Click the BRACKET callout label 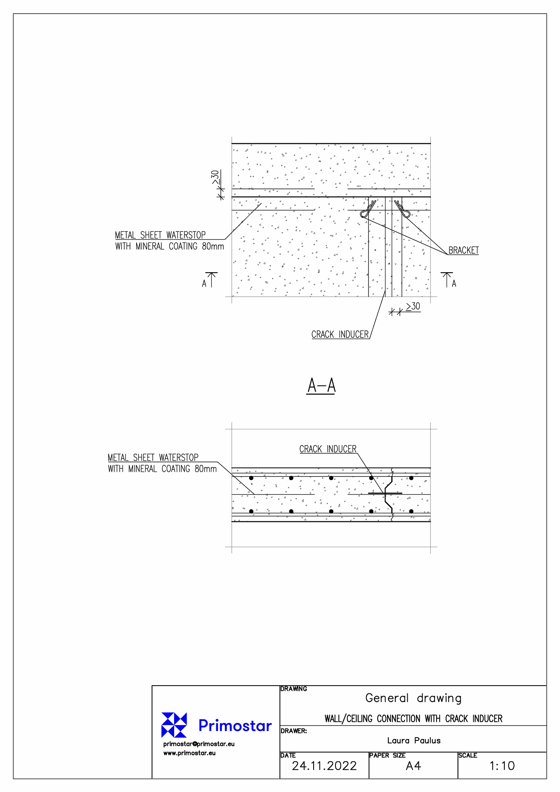pyautogui.click(x=463, y=250)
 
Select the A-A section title pyautogui.click(x=321, y=386)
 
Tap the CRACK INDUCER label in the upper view pyautogui.click(x=340, y=335)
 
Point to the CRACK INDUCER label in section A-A pyautogui.click(x=328, y=449)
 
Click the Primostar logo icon pyautogui.click(x=174, y=725)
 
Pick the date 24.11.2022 pyautogui.click(x=324, y=766)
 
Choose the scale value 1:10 pyautogui.click(x=502, y=766)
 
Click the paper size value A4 pyautogui.click(x=414, y=766)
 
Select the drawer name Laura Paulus pyautogui.click(x=414, y=740)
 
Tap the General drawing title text pyautogui.click(x=414, y=698)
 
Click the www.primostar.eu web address pyautogui.click(x=189, y=753)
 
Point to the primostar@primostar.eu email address pyautogui.click(x=199, y=744)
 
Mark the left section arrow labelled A pyautogui.click(x=210, y=280)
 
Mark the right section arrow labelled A pyautogui.click(x=449, y=280)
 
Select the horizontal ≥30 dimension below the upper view pyautogui.click(x=405, y=309)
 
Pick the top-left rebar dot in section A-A pyautogui.click(x=251, y=478)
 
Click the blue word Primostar pyautogui.click(x=235, y=725)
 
